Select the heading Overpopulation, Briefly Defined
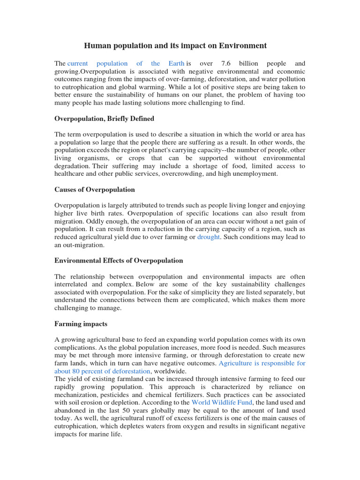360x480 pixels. pyautogui.click(x=104, y=119)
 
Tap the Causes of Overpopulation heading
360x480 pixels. pyautogui.click(x=94, y=189)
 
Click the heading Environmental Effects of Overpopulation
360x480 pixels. pyautogui.click(x=119, y=260)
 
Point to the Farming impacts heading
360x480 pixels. pyautogui.click(x=81, y=323)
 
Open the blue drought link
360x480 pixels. pyautogui.click(x=208, y=237)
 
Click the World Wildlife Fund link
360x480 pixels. pyautogui.click(x=222, y=402)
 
